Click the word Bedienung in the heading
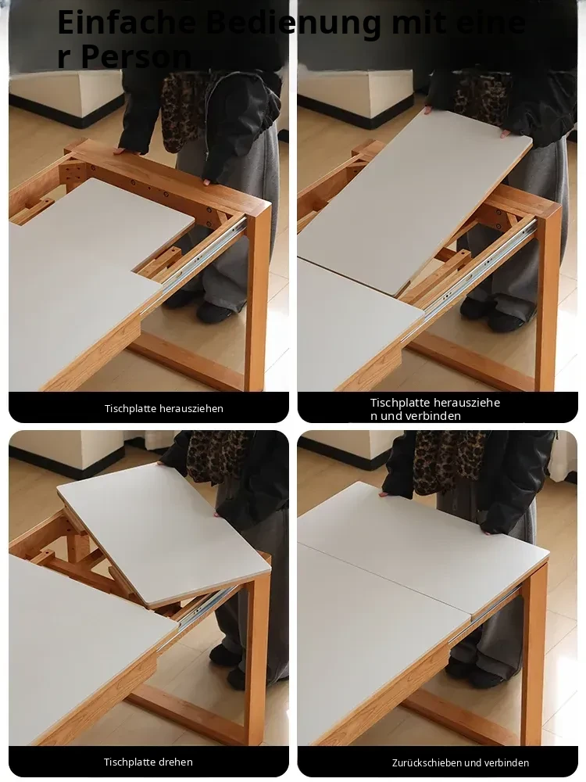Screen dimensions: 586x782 [293, 23]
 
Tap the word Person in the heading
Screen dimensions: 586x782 [135, 56]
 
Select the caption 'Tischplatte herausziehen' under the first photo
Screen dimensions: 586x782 [164, 408]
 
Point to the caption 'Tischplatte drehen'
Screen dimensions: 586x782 [148, 762]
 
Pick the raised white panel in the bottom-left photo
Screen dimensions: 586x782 [163, 533]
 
